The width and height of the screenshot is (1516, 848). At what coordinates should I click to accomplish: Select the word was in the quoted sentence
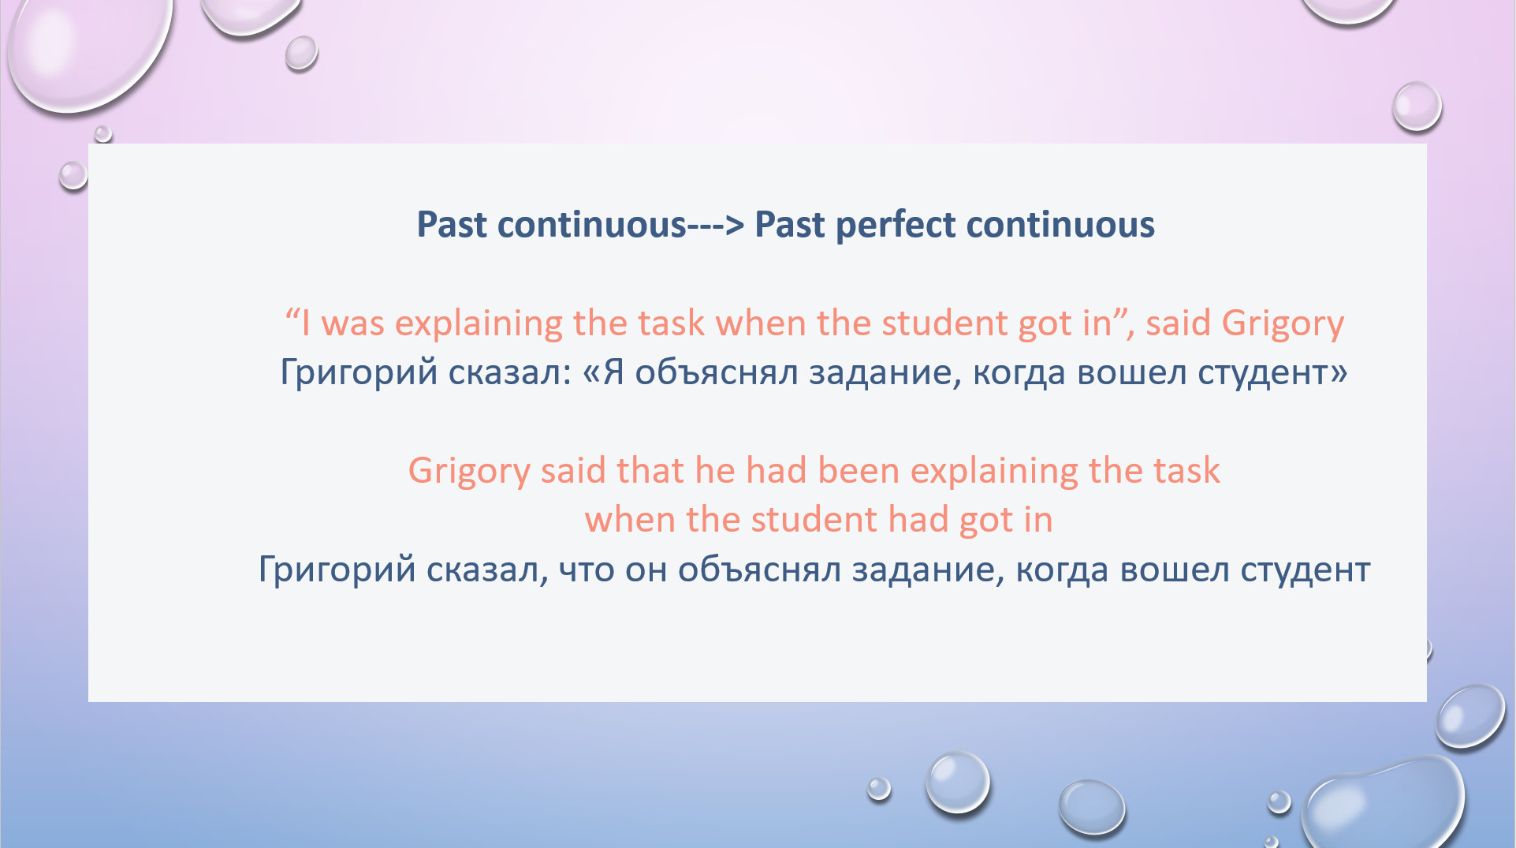click(352, 324)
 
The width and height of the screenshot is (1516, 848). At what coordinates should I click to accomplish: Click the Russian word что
click(587, 570)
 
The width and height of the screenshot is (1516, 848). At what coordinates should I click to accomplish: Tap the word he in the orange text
click(715, 471)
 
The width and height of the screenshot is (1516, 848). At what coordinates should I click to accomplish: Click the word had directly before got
click(918, 521)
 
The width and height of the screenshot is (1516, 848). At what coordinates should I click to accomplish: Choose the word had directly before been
click(777, 471)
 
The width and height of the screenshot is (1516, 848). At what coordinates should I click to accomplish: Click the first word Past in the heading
click(452, 226)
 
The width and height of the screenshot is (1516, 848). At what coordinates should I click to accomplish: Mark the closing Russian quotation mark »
click(1339, 372)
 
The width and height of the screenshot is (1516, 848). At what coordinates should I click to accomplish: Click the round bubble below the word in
click(957, 782)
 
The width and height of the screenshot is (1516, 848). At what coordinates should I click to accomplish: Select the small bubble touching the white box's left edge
click(73, 175)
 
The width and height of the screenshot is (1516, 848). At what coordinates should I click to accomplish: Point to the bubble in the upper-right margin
click(1417, 106)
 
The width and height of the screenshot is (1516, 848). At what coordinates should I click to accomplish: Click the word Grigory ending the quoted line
click(1283, 324)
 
